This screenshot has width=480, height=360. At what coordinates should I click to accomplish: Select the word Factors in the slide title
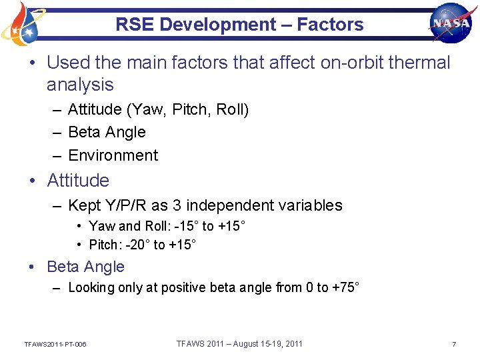click(330, 25)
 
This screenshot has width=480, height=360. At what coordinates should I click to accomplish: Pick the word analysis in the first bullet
click(80, 85)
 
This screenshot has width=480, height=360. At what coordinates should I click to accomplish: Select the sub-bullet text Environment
click(113, 155)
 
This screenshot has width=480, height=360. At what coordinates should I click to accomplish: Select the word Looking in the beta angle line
click(93, 288)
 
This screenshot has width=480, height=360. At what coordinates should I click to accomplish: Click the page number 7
click(454, 344)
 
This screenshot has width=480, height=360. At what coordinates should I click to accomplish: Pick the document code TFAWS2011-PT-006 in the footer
click(55, 344)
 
